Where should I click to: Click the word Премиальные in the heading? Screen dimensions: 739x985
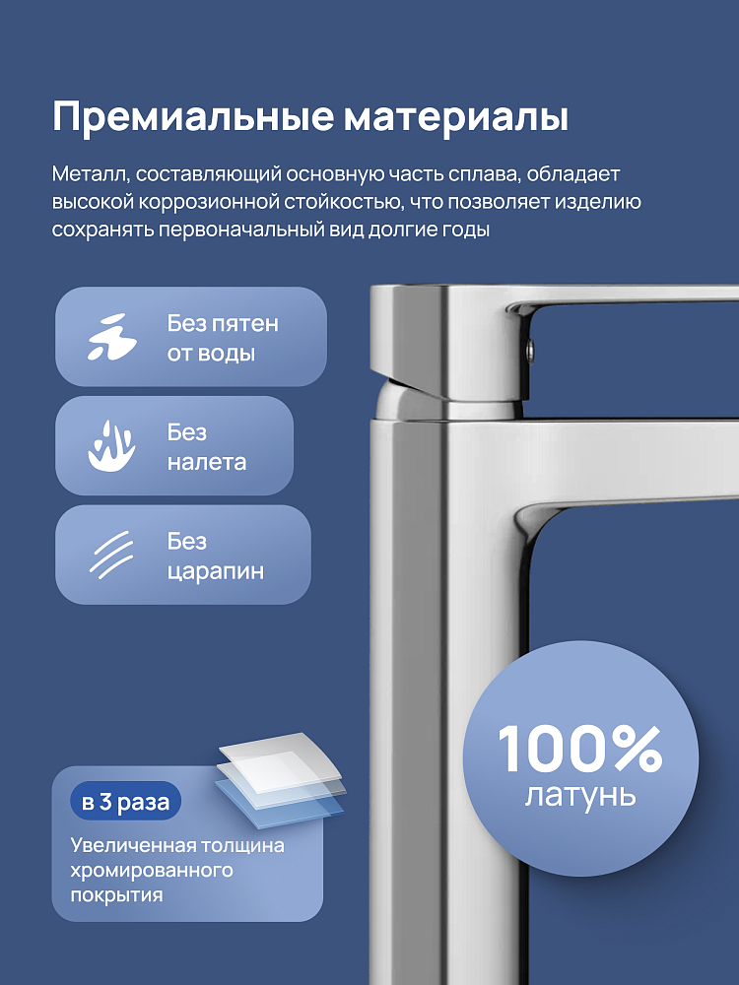pos(192,117)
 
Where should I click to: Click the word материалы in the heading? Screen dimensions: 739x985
pos(455,117)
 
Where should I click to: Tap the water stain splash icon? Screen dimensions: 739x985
pos(111,337)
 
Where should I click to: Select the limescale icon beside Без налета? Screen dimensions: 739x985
pos(111,446)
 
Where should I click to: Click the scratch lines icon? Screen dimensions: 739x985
pos(111,555)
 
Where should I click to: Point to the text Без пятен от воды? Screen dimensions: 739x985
pos(223,338)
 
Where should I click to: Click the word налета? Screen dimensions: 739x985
pos(206,462)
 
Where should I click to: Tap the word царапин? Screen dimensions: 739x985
pos(215,572)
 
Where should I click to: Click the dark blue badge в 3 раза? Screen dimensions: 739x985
pos(126,802)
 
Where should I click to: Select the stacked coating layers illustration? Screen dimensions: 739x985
pos(280,776)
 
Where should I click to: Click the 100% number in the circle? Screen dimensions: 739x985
pos(579,749)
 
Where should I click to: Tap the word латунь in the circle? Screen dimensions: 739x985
pos(580,795)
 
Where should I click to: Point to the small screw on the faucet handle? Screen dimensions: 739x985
pos(530,350)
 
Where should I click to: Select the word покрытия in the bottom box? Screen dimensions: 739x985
pos(116,895)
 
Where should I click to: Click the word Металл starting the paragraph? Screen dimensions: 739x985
pos(91,174)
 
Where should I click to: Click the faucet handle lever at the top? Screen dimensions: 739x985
pos(554,345)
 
